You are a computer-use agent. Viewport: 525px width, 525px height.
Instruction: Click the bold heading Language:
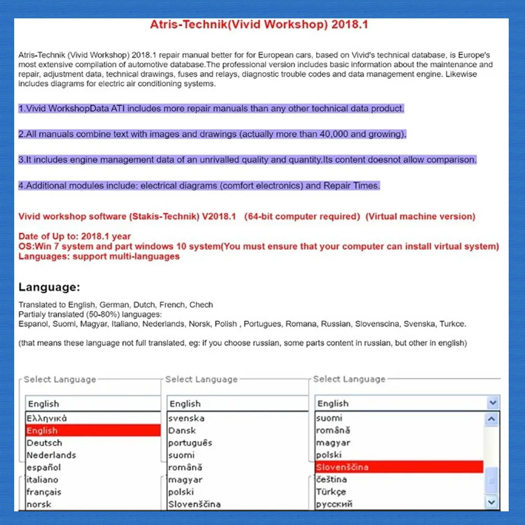tap(49, 287)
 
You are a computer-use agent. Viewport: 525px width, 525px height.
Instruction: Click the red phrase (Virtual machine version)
tap(420, 216)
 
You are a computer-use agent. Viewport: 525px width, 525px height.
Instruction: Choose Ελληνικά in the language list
tap(47, 418)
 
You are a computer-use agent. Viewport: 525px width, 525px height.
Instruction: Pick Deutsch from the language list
tap(44, 443)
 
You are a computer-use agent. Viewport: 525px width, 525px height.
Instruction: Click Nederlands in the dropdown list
tap(51, 455)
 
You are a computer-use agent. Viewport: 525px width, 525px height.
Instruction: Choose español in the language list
tap(44, 467)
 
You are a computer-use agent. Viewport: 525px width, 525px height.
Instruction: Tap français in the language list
tap(44, 492)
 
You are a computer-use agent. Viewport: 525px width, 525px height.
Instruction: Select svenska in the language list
tap(186, 418)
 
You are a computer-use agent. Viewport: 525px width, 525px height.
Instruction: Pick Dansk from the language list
tap(182, 430)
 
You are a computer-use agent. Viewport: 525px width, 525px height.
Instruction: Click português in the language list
tap(190, 443)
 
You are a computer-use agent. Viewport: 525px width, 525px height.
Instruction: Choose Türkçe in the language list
tap(331, 492)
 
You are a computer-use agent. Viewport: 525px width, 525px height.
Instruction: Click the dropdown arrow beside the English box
tap(492, 403)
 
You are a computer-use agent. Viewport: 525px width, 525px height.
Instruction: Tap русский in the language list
tap(334, 504)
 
